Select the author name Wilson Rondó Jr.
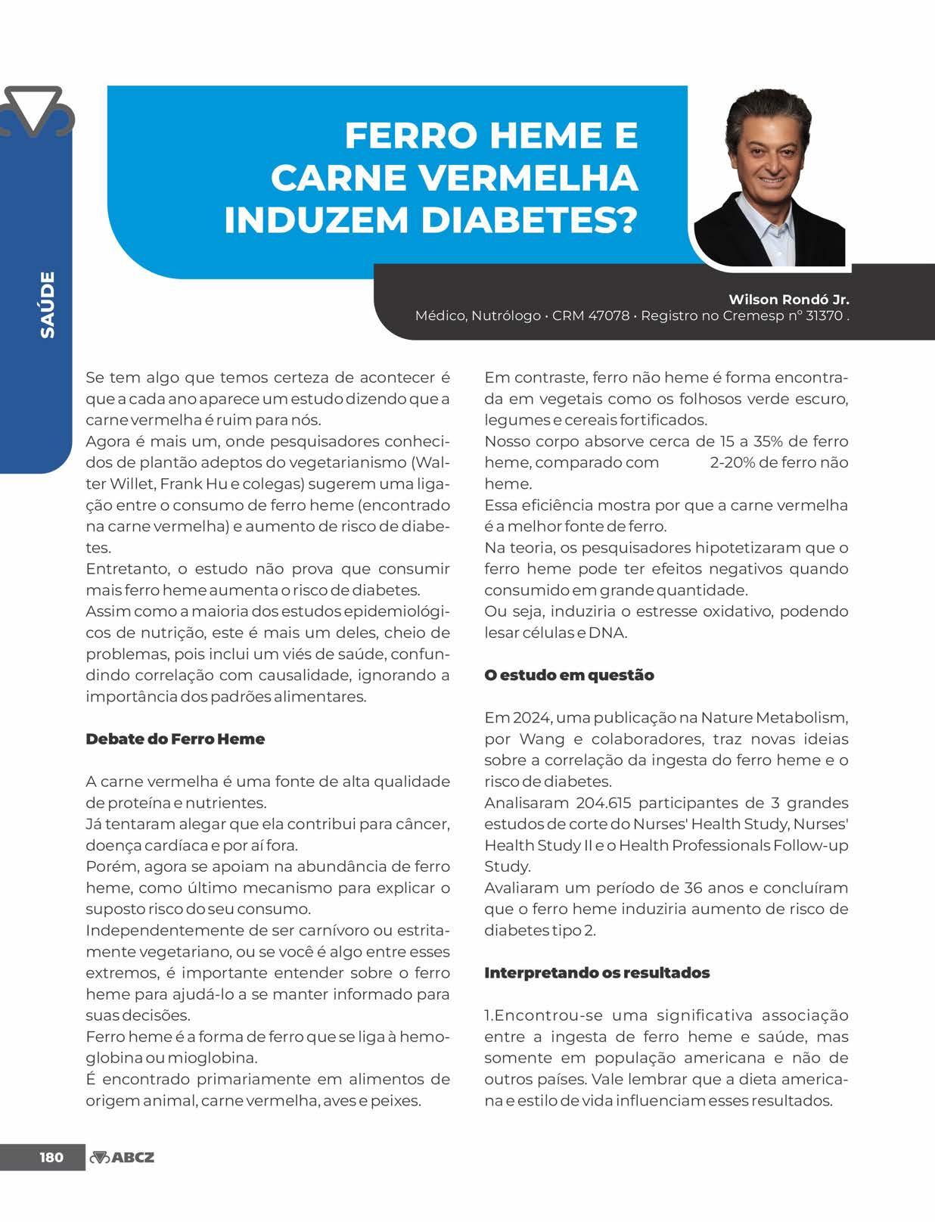(x=788, y=299)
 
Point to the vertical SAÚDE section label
(x=48, y=304)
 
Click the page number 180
(x=51, y=1157)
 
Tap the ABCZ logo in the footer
(x=122, y=1157)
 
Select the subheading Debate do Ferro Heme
(x=175, y=739)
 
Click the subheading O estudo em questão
(x=569, y=675)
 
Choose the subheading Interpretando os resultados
(x=597, y=972)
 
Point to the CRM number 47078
(x=609, y=316)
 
